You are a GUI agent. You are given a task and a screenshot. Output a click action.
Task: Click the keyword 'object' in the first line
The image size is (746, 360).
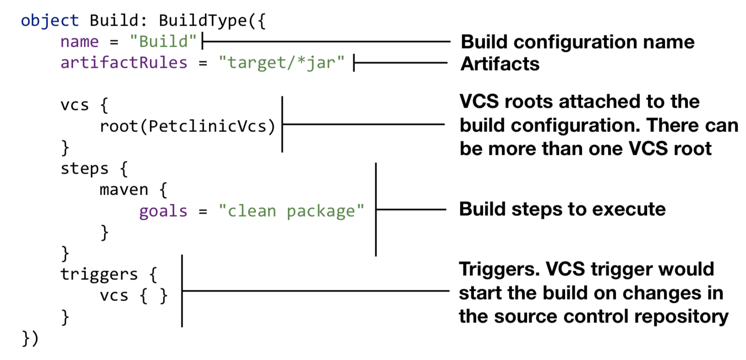pyautogui.click(x=49, y=21)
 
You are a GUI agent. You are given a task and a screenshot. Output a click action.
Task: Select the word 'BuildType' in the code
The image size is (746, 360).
pyautogui.click(x=203, y=21)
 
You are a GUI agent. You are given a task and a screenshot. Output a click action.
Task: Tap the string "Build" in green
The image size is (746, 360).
pyautogui.click(x=163, y=42)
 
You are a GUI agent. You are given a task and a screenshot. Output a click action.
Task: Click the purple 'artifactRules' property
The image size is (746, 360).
pyautogui.click(x=124, y=63)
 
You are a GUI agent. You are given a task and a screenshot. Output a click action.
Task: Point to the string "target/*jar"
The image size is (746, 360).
pyautogui.click(x=281, y=63)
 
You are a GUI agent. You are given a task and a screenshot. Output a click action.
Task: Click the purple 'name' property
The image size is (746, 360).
pyautogui.click(x=80, y=42)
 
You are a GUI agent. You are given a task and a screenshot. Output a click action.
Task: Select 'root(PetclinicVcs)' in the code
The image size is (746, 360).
pyautogui.click(x=188, y=126)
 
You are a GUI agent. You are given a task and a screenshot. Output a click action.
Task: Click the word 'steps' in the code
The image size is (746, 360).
pyautogui.click(x=85, y=169)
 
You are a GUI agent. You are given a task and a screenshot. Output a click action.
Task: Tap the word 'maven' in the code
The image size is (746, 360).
pyautogui.click(x=124, y=190)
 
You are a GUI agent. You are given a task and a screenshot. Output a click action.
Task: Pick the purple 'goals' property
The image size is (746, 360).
pyautogui.click(x=163, y=212)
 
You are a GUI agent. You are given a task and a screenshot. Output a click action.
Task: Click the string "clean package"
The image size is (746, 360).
pyautogui.click(x=291, y=212)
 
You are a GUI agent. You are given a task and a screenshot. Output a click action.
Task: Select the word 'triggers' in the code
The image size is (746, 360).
pyautogui.click(x=99, y=275)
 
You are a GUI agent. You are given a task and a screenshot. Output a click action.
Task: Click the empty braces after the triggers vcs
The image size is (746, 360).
pyautogui.click(x=154, y=296)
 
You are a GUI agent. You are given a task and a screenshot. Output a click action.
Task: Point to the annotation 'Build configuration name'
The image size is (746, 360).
pyautogui.click(x=578, y=43)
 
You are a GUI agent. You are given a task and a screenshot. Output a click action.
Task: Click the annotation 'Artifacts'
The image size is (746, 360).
pyautogui.click(x=500, y=64)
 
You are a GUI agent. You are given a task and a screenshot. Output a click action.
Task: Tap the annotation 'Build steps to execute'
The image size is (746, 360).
pyautogui.click(x=563, y=209)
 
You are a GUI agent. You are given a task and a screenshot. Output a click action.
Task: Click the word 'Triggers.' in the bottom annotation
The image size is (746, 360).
pyautogui.click(x=499, y=269)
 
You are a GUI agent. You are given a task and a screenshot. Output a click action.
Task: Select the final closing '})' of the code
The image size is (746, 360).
pyautogui.click(x=30, y=338)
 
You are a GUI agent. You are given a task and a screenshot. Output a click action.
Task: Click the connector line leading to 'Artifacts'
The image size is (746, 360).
pyautogui.click(x=400, y=63)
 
